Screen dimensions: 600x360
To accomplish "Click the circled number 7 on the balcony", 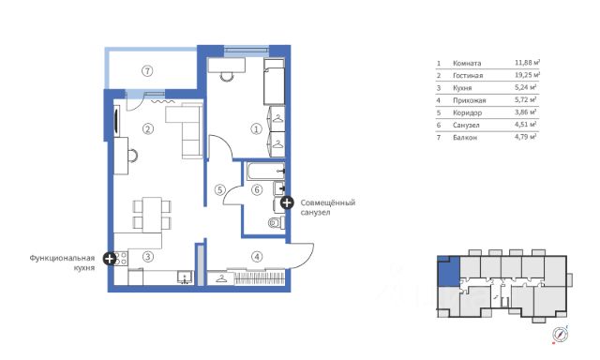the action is pyautogui.click(x=147, y=70).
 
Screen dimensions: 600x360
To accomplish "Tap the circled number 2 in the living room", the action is pyautogui.click(x=148, y=129).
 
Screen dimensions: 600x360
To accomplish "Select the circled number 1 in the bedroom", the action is pyautogui.click(x=256, y=129).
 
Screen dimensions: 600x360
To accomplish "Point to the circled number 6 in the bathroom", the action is pyautogui.click(x=257, y=189).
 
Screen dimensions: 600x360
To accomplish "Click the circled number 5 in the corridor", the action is pyautogui.click(x=220, y=189).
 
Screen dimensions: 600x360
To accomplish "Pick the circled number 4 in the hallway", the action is pyautogui.click(x=257, y=257).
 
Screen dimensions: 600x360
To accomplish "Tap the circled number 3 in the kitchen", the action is pyautogui.click(x=148, y=257).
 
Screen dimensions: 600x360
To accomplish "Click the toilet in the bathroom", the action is pyautogui.click(x=277, y=222).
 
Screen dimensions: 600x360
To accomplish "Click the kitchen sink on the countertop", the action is pyautogui.click(x=186, y=277).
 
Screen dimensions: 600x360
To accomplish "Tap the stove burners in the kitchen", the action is pyautogui.click(x=121, y=258).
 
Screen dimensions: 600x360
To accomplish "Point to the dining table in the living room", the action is pyautogui.click(x=152, y=215).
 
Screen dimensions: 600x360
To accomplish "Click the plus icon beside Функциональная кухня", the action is pyautogui.click(x=110, y=259).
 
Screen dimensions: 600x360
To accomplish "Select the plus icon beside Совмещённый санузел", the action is pyautogui.click(x=287, y=202).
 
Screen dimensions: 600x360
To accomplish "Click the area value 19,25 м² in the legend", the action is pyautogui.click(x=527, y=75).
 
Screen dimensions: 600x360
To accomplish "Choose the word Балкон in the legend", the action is pyautogui.click(x=465, y=137).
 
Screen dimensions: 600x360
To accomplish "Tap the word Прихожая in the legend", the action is pyautogui.click(x=469, y=100).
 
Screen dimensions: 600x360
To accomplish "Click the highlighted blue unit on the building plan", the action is pyautogui.click(x=448, y=272).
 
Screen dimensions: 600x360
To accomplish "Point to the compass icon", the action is pyautogui.click(x=561, y=335).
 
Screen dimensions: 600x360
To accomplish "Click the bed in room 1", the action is pyautogui.click(x=274, y=82).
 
